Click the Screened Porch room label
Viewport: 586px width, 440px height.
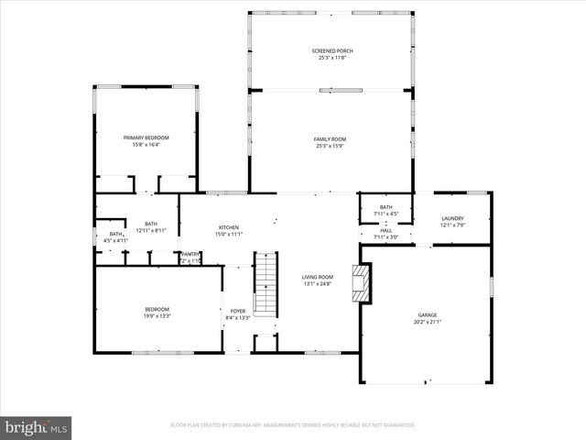tap(331, 50)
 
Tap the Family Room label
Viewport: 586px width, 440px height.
tap(330, 138)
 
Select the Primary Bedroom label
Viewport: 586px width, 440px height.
tap(146, 137)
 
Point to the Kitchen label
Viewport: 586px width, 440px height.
tap(228, 227)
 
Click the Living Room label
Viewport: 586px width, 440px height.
tap(318, 277)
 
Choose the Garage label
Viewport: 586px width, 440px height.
tap(428, 314)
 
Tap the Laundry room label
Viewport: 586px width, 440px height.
tap(452, 218)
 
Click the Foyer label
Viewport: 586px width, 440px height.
tap(238, 311)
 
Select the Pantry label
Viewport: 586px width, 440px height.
tap(190, 254)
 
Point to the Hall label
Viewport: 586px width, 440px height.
tap(386, 230)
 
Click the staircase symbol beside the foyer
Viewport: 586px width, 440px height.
tap(265, 283)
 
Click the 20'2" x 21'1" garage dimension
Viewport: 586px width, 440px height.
tap(428, 322)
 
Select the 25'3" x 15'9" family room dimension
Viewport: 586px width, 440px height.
tap(330, 146)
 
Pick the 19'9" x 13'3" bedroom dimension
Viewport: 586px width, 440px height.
tap(157, 316)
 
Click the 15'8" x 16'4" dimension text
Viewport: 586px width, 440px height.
tap(146, 145)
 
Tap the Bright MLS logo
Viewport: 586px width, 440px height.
tap(36, 427)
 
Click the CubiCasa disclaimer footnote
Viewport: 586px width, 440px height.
tap(293, 425)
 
